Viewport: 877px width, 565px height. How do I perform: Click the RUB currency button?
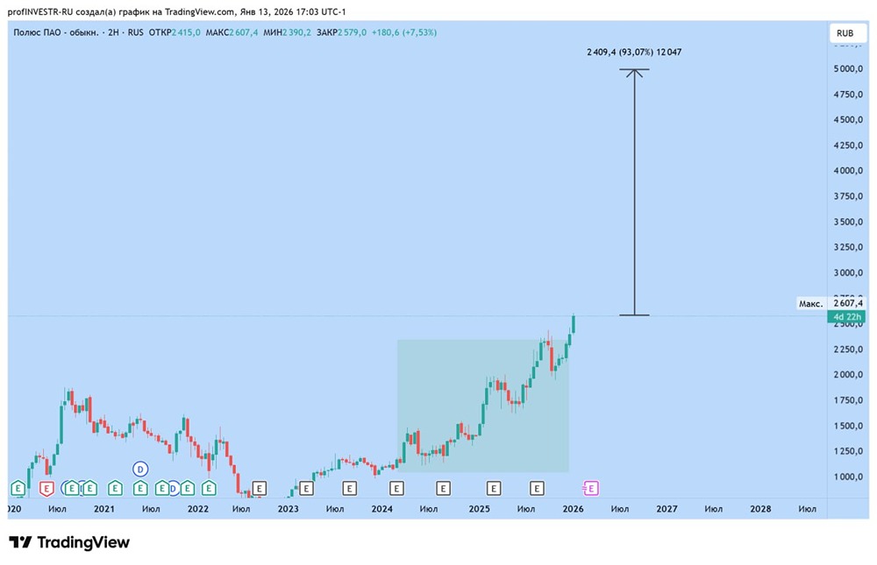click(845, 33)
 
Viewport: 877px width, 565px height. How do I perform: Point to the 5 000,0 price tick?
click(848, 68)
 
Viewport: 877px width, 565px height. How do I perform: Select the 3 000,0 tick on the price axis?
click(848, 272)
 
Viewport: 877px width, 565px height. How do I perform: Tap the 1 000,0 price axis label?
click(848, 477)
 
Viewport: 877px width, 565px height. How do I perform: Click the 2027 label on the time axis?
click(667, 509)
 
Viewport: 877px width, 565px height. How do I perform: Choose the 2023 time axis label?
click(288, 509)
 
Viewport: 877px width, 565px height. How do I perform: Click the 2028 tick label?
click(760, 509)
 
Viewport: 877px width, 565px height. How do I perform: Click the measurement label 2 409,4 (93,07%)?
click(620, 52)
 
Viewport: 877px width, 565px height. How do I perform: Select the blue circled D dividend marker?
click(140, 470)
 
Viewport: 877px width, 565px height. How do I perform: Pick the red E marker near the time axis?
click(46, 489)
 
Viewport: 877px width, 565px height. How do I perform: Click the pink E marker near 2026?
click(590, 489)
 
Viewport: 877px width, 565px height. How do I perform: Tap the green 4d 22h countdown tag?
click(846, 317)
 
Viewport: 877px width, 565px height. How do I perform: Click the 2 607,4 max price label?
click(848, 303)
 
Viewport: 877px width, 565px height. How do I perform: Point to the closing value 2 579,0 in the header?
click(352, 32)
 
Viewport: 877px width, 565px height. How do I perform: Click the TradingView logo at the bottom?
click(69, 542)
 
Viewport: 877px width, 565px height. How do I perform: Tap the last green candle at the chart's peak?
click(574, 325)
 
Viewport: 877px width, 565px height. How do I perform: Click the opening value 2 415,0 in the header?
click(186, 32)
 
